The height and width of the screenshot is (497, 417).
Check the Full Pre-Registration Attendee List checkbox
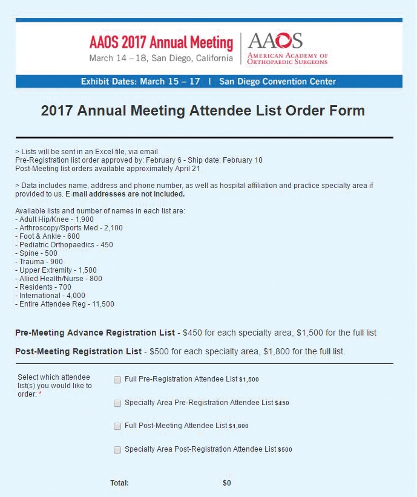tap(117, 380)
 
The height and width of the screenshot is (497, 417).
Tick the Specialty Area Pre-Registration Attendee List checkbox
tap(117, 403)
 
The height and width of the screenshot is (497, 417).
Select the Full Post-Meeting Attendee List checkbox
tap(117, 426)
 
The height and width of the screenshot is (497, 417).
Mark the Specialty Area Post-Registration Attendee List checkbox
tap(117, 450)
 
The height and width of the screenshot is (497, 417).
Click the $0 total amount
tap(227, 483)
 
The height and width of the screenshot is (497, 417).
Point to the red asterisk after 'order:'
tap(41, 394)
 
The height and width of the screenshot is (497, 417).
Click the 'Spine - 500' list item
tap(39, 253)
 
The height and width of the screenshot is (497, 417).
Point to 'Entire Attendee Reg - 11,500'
tap(64, 304)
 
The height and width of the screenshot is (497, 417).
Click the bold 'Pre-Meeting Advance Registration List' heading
tap(94, 333)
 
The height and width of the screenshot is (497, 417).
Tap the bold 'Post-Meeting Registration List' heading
tap(78, 351)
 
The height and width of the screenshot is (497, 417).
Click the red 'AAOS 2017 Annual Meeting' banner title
tap(161, 43)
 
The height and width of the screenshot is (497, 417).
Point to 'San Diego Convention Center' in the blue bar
tap(277, 81)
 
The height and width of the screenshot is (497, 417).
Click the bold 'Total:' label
tap(119, 483)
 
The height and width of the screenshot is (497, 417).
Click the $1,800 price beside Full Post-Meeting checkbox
tap(238, 426)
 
